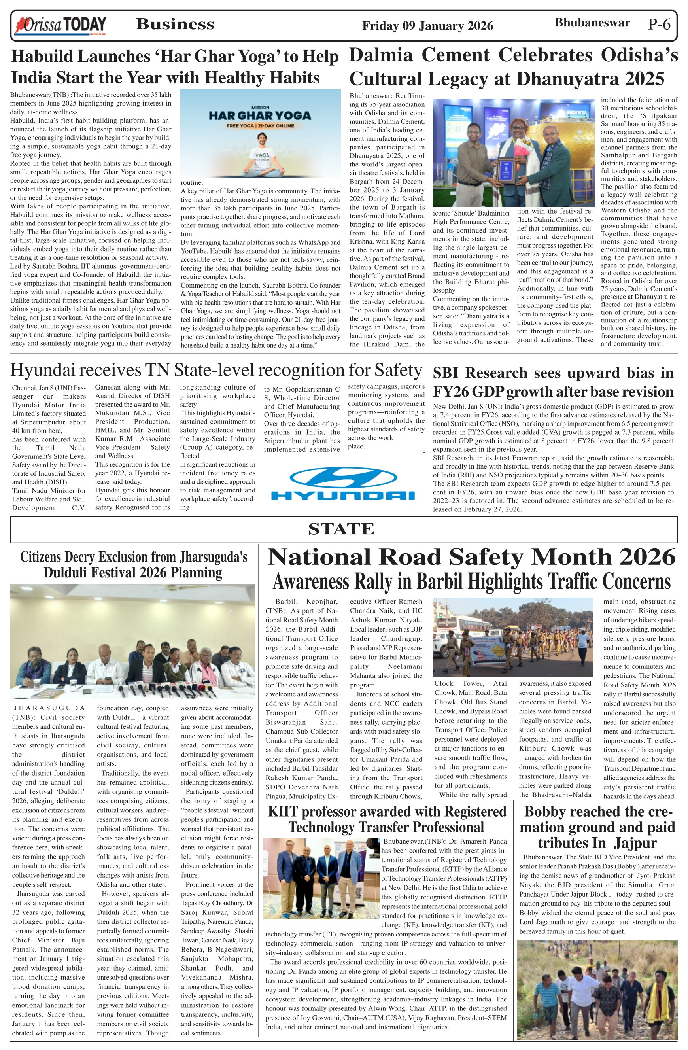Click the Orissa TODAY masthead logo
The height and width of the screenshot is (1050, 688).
click(x=61, y=26)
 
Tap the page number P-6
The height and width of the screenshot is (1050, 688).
click(x=659, y=24)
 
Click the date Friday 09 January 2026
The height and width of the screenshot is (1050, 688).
click(x=427, y=26)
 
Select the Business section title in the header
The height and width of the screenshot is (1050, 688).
click(x=175, y=24)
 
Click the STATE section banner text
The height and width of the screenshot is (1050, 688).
click(x=341, y=528)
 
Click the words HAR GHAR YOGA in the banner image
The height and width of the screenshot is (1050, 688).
click(x=260, y=115)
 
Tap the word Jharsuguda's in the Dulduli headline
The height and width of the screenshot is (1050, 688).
click(x=212, y=557)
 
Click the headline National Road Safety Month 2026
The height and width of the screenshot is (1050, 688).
click(x=471, y=557)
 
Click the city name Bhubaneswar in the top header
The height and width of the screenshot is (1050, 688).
click(x=592, y=23)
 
